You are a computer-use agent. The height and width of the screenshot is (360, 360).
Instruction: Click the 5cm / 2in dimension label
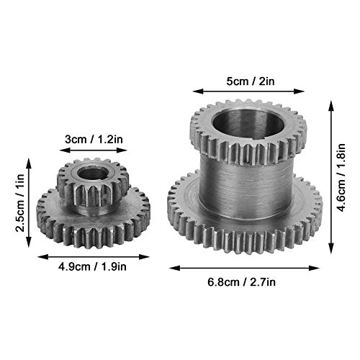tap(251, 81)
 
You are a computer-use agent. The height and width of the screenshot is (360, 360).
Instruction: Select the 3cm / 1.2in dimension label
tap(94, 139)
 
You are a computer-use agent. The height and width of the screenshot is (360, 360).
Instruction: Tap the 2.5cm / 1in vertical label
tap(20, 203)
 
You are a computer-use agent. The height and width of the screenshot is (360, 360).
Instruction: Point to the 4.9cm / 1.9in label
tap(92, 266)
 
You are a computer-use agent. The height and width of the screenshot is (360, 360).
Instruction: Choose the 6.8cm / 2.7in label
tap(241, 282)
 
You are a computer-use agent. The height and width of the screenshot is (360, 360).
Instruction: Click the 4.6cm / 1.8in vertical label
tap(341, 178)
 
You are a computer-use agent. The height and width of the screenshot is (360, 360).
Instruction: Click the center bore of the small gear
tap(93, 174)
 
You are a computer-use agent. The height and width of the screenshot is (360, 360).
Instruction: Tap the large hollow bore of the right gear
tap(248, 124)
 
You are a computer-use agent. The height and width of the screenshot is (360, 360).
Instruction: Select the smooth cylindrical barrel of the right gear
tap(246, 187)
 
